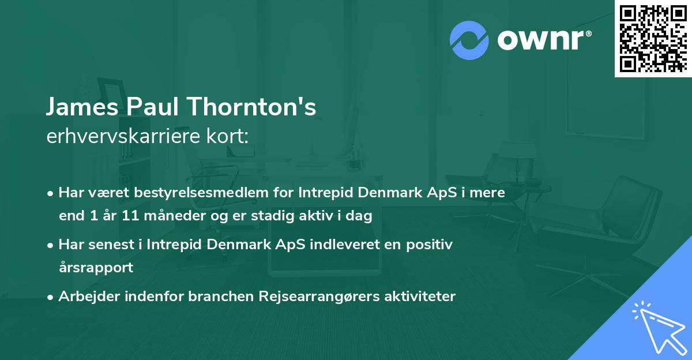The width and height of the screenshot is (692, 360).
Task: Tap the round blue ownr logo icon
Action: (x=469, y=39)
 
